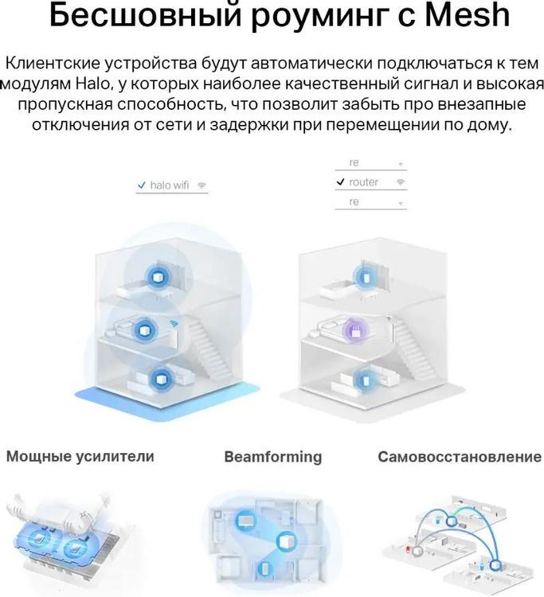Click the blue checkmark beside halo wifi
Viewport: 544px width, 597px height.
tap(141, 185)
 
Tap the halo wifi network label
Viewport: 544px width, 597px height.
tap(170, 185)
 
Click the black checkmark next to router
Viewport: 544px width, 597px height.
tap(340, 182)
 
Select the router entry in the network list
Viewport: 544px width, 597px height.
tap(363, 182)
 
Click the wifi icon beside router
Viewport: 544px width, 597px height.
tap(401, 182)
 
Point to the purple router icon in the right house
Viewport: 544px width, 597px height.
tap(356, 330)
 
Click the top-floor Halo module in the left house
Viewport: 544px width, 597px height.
tap(157, 276)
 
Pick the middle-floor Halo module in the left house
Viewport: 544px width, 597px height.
tap(145, 330)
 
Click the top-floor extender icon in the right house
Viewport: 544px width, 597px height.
tap(366, 277)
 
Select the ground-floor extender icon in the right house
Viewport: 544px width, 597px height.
tap(365, 379)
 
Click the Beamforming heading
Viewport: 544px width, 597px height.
tap(273, 457)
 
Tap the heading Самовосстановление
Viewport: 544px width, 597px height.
tap(460, 457)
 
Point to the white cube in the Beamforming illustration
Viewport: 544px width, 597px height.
tap(286, 541)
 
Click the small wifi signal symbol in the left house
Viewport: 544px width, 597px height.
tap(174, 323)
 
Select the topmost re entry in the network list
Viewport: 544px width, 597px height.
tap(354, 162)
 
